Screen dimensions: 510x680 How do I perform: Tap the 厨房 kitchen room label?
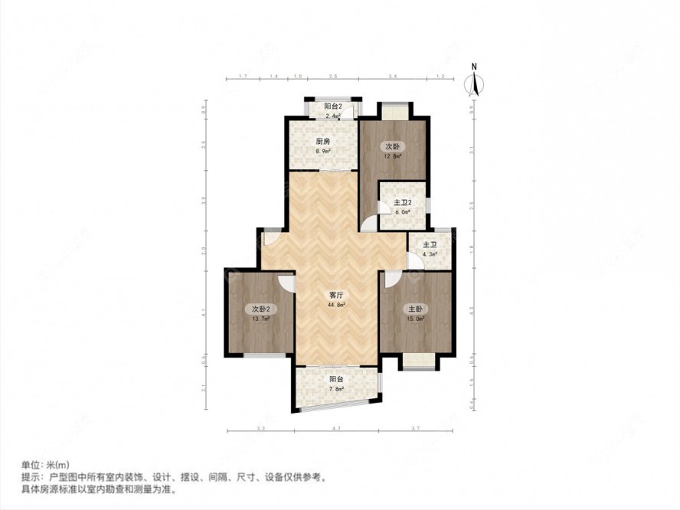click(322, 142)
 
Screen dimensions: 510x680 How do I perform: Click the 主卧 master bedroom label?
click(414, 309)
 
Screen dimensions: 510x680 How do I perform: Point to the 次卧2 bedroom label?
click(261, 309)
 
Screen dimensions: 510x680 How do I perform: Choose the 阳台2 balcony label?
click(332, 106)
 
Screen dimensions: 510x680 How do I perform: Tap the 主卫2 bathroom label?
click(403, 203)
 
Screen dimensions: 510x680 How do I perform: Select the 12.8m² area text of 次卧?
click(393, 156)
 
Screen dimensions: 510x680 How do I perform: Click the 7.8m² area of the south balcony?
click(336, 388)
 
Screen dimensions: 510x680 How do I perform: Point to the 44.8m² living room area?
click(336, 304)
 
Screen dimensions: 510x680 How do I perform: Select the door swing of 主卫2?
click(370, 222)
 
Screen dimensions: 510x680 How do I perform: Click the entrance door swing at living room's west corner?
click(270, 237)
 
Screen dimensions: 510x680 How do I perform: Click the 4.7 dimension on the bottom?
click(335, 427)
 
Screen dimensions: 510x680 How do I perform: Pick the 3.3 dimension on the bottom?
click(261, 427)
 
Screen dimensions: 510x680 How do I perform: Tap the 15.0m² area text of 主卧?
click(414, 319)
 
